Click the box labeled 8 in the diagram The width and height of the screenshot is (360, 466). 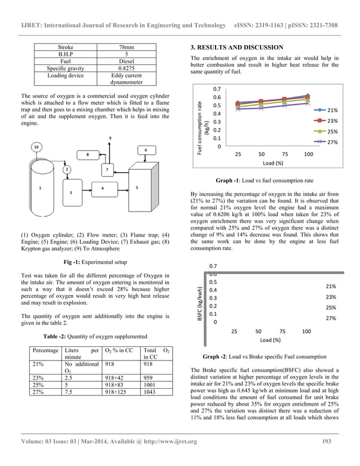(x=87, y=154)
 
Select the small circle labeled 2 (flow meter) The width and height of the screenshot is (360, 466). (x=66, y=169)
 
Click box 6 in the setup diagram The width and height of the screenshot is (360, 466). (x=146, y=150)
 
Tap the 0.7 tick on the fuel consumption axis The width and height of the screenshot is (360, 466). (x=217, y=89)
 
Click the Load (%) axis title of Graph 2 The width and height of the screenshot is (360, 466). (x=270, y=340)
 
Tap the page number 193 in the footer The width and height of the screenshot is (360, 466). (x=326, y=441)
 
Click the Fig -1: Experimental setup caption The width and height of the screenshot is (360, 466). (x=94, y=262)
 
